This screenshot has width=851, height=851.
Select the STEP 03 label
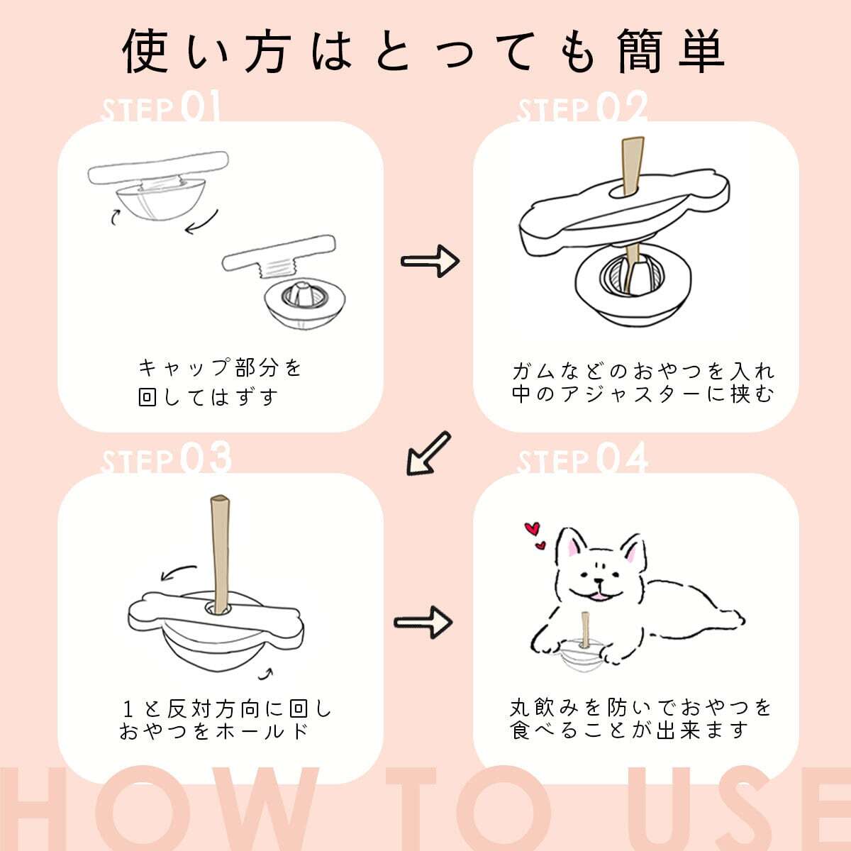click(166, 458)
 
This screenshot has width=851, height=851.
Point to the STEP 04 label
click(582, 458)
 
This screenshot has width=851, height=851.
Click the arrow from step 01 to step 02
click(430, 262)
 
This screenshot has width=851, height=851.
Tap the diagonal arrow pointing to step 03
click(428, 454)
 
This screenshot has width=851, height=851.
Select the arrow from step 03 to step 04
click(423, 622)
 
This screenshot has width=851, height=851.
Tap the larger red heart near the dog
click(533, 528)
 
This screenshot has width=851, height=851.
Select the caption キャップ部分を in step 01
click(220, 368)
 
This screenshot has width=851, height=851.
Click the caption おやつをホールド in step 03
click(213, 731)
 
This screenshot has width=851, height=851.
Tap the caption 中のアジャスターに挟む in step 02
click(643, 394)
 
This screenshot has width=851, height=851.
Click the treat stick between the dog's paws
click(585, 630)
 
